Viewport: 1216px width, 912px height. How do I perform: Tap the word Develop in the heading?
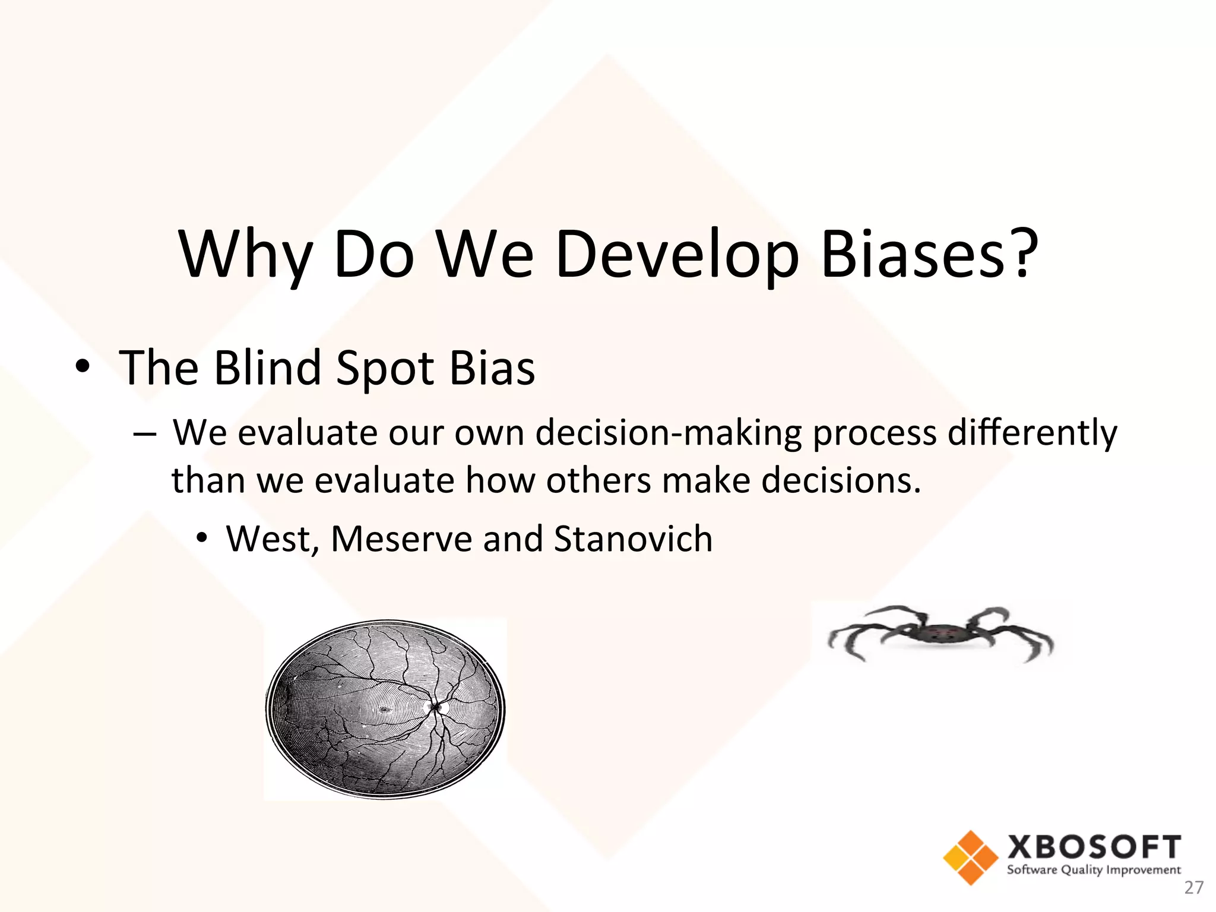(677, 255)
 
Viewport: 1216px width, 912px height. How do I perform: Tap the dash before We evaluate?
(144, 434)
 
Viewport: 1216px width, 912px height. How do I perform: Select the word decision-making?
(669, 433)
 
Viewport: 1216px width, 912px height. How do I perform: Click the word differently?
(1032, 433)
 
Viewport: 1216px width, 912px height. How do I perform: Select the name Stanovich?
(633, 539)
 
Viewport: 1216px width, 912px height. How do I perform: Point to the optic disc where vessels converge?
(436, 707)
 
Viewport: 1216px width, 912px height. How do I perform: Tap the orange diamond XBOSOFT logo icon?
(971, 857)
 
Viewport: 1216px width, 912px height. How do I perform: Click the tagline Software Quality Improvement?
(1094, 870)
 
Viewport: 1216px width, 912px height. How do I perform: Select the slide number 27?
(1193, 888)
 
